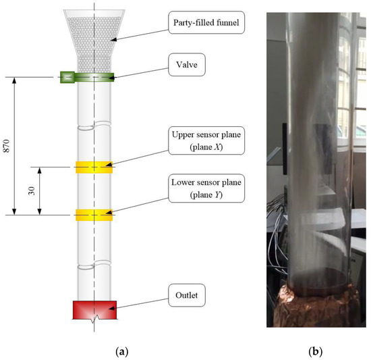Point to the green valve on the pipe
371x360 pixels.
pos(87,77)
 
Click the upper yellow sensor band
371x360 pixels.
pos(94,167)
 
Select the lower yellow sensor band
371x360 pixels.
pos(94,215)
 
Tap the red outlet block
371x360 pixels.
pos(94,310)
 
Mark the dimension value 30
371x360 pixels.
pos(30,191)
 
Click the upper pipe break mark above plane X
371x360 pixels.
pos(94,126)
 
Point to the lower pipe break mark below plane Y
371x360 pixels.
pos(94,269)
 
